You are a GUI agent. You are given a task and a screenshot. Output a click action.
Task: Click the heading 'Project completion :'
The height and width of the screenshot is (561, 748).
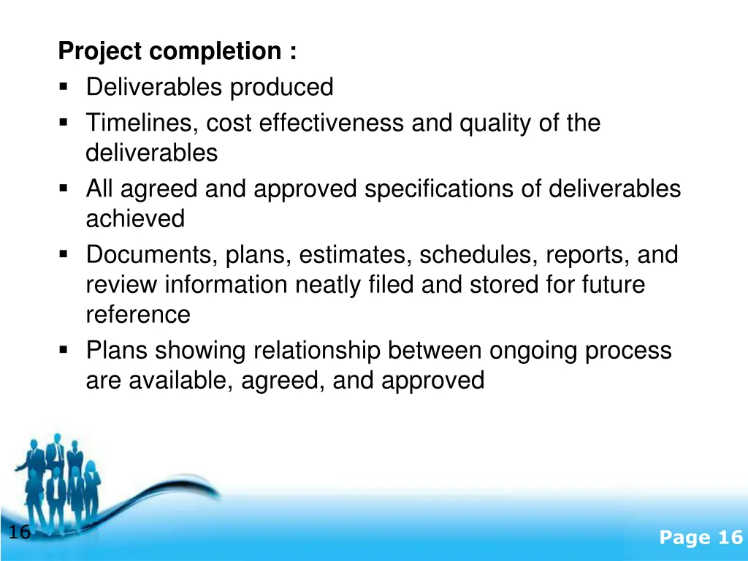(178, 52)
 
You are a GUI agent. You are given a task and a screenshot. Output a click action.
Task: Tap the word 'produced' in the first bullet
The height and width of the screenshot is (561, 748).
(281, 88)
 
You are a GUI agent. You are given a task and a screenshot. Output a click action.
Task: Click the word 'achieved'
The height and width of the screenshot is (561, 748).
(135, 218)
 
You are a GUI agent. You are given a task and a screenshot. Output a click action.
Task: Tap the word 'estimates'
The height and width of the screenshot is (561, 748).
(356, 255)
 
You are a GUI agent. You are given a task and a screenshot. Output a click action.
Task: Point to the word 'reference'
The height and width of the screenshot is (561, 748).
(138, 315)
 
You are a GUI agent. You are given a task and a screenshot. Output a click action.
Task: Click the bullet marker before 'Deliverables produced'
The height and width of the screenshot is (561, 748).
(64, 88)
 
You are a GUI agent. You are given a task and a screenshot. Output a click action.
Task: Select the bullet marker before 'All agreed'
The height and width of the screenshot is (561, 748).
(64, 189)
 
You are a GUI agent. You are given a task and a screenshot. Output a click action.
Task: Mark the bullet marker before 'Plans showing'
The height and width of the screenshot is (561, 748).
(64, 351)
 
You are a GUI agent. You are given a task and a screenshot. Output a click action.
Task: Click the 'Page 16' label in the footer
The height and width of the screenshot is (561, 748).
(700, 538)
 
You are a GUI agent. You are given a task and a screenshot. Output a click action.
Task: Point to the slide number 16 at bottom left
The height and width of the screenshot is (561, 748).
(19, 533)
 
